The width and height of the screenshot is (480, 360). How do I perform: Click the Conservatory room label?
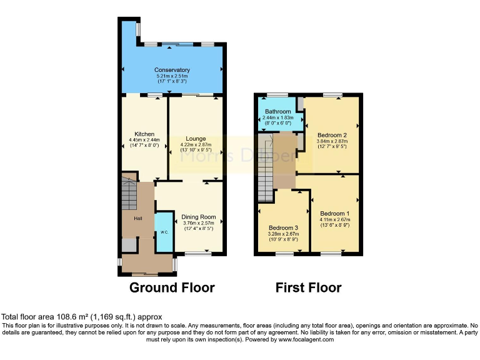click(x=172, y=70)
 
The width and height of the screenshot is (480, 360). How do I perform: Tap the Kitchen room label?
click(x=144, y=133)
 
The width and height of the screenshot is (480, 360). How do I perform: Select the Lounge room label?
click(x=196, y=138)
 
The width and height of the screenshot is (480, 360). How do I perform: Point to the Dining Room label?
click(x=199, y=217)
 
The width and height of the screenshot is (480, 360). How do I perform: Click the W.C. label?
click(x=164, y=232)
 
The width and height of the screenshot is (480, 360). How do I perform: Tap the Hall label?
click(x=138, y=218)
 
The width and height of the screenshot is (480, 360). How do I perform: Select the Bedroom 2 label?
click(x=332, y=134)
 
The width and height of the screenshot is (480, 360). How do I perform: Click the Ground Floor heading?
click(x=172, y=287)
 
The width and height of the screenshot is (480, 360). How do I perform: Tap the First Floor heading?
click(x=308, y=287)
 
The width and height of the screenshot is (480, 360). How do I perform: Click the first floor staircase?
click(x=266, y=169)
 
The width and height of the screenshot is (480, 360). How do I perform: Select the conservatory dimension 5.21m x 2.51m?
click(x=172, y=76)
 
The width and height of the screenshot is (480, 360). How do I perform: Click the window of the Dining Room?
click(x=198, y=253)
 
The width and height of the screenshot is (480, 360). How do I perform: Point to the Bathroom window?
click(x=274, y=95)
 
